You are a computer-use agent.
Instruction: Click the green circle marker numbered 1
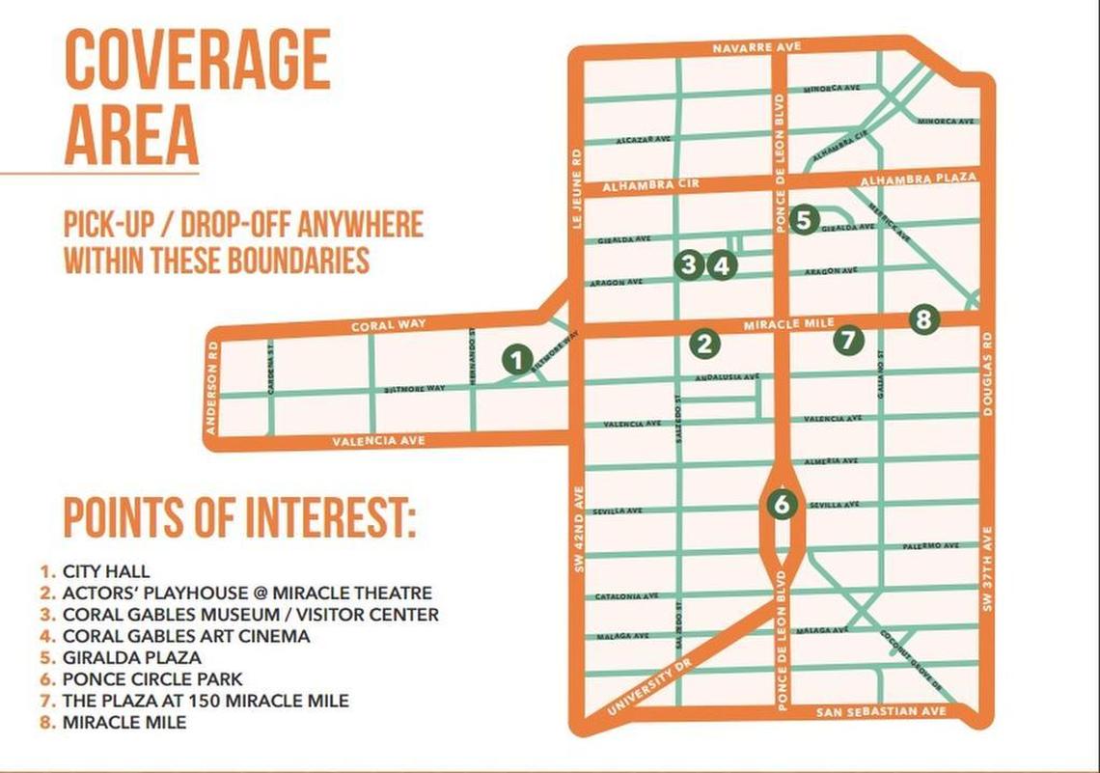coord(518,360)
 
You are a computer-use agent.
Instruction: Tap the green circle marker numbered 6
coord(783,503)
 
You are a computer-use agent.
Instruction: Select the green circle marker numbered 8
coord(923,318)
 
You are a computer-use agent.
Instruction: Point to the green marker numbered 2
coord(705,343)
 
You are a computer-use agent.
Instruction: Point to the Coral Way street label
coord(388,326)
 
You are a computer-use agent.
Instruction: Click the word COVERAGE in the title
coord(197,64)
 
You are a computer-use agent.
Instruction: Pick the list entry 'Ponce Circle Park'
coord(152,678)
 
